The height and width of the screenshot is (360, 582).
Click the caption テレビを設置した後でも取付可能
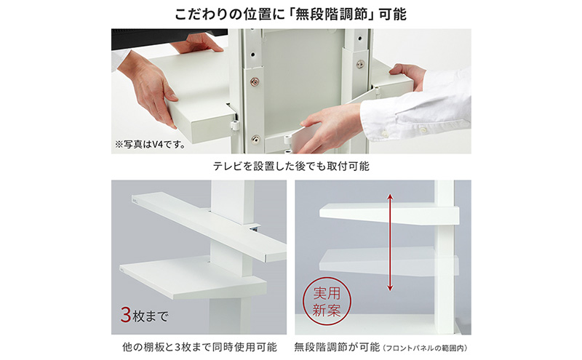(x=291, y=166)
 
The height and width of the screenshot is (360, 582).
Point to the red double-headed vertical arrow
(x=390, y=241)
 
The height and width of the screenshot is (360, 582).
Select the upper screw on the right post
(x=359, y=64)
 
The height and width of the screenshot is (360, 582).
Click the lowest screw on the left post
(x=255, y=140)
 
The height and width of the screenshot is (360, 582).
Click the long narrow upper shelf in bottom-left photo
(x=211, y=225)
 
